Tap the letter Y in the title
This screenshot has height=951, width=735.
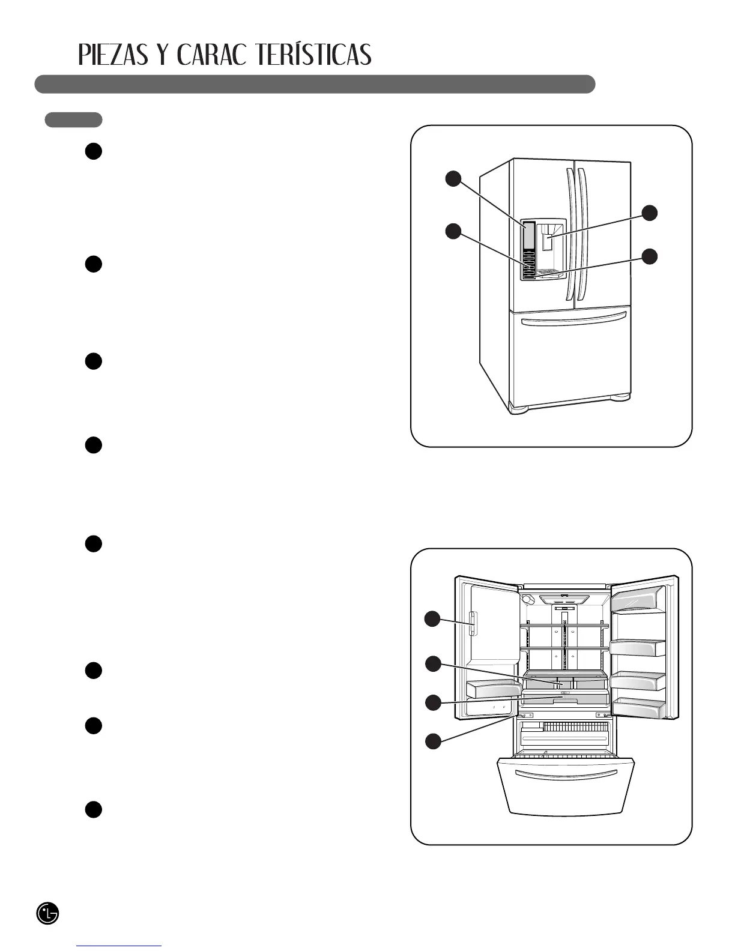pos(160,55)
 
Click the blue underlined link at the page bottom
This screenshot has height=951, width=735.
pos(119,946)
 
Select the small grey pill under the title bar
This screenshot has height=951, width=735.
pos(73,119)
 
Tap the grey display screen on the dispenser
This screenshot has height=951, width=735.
pos(528,235)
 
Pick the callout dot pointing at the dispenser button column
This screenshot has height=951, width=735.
pos(453,231)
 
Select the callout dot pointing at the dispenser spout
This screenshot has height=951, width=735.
pos(649,213)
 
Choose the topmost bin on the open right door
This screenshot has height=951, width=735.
pos(638,599)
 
